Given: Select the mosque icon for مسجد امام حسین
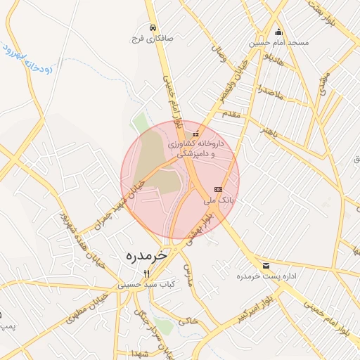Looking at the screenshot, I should pyautogui.click(x=278, y=32).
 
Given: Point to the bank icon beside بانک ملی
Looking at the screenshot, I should pyautogui.click(x=218, y=189).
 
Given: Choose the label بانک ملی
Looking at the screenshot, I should pyautogui.click(x=218, y=200).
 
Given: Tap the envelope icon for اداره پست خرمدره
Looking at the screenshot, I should pyautogui.click(x=266, y=265).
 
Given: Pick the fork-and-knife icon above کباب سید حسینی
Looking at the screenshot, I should pyautogui.click(x=146, y=274).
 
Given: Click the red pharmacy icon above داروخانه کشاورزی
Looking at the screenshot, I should pyautogui.click(x=195, y=133).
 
